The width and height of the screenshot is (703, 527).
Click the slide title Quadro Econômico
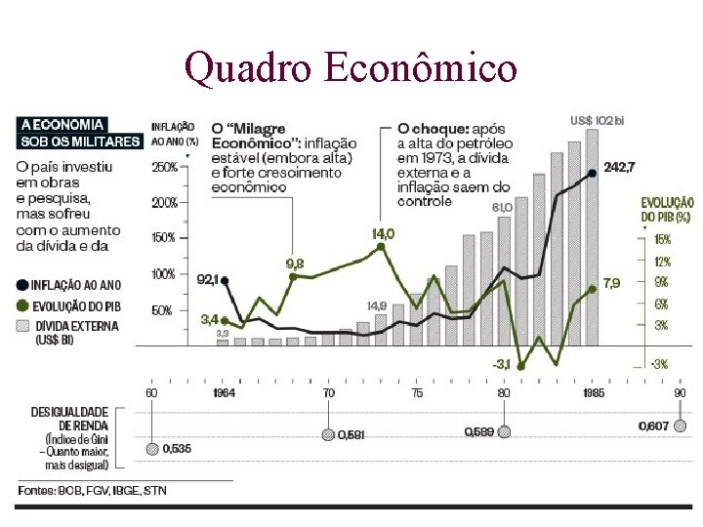click(351, 67)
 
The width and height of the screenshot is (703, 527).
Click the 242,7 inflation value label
click(619, 168)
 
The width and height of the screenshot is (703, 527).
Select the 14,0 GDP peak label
click(383, 233)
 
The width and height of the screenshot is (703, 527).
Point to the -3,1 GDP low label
click(500, 364)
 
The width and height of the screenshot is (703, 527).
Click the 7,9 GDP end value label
click(611, 284)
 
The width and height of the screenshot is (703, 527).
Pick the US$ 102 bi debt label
click(597, 120)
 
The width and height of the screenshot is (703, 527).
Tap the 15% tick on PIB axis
click(662, 239)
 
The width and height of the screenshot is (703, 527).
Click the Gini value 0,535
click(178, 449)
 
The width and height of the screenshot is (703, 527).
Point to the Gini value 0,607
click(653, 426)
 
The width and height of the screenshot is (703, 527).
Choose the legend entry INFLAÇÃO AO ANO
click(76, 285)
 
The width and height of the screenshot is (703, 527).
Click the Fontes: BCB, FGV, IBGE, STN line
click(92, 490)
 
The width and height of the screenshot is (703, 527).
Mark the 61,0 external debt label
click(502, 208)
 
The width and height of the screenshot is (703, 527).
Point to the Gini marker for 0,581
click(329, 435)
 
